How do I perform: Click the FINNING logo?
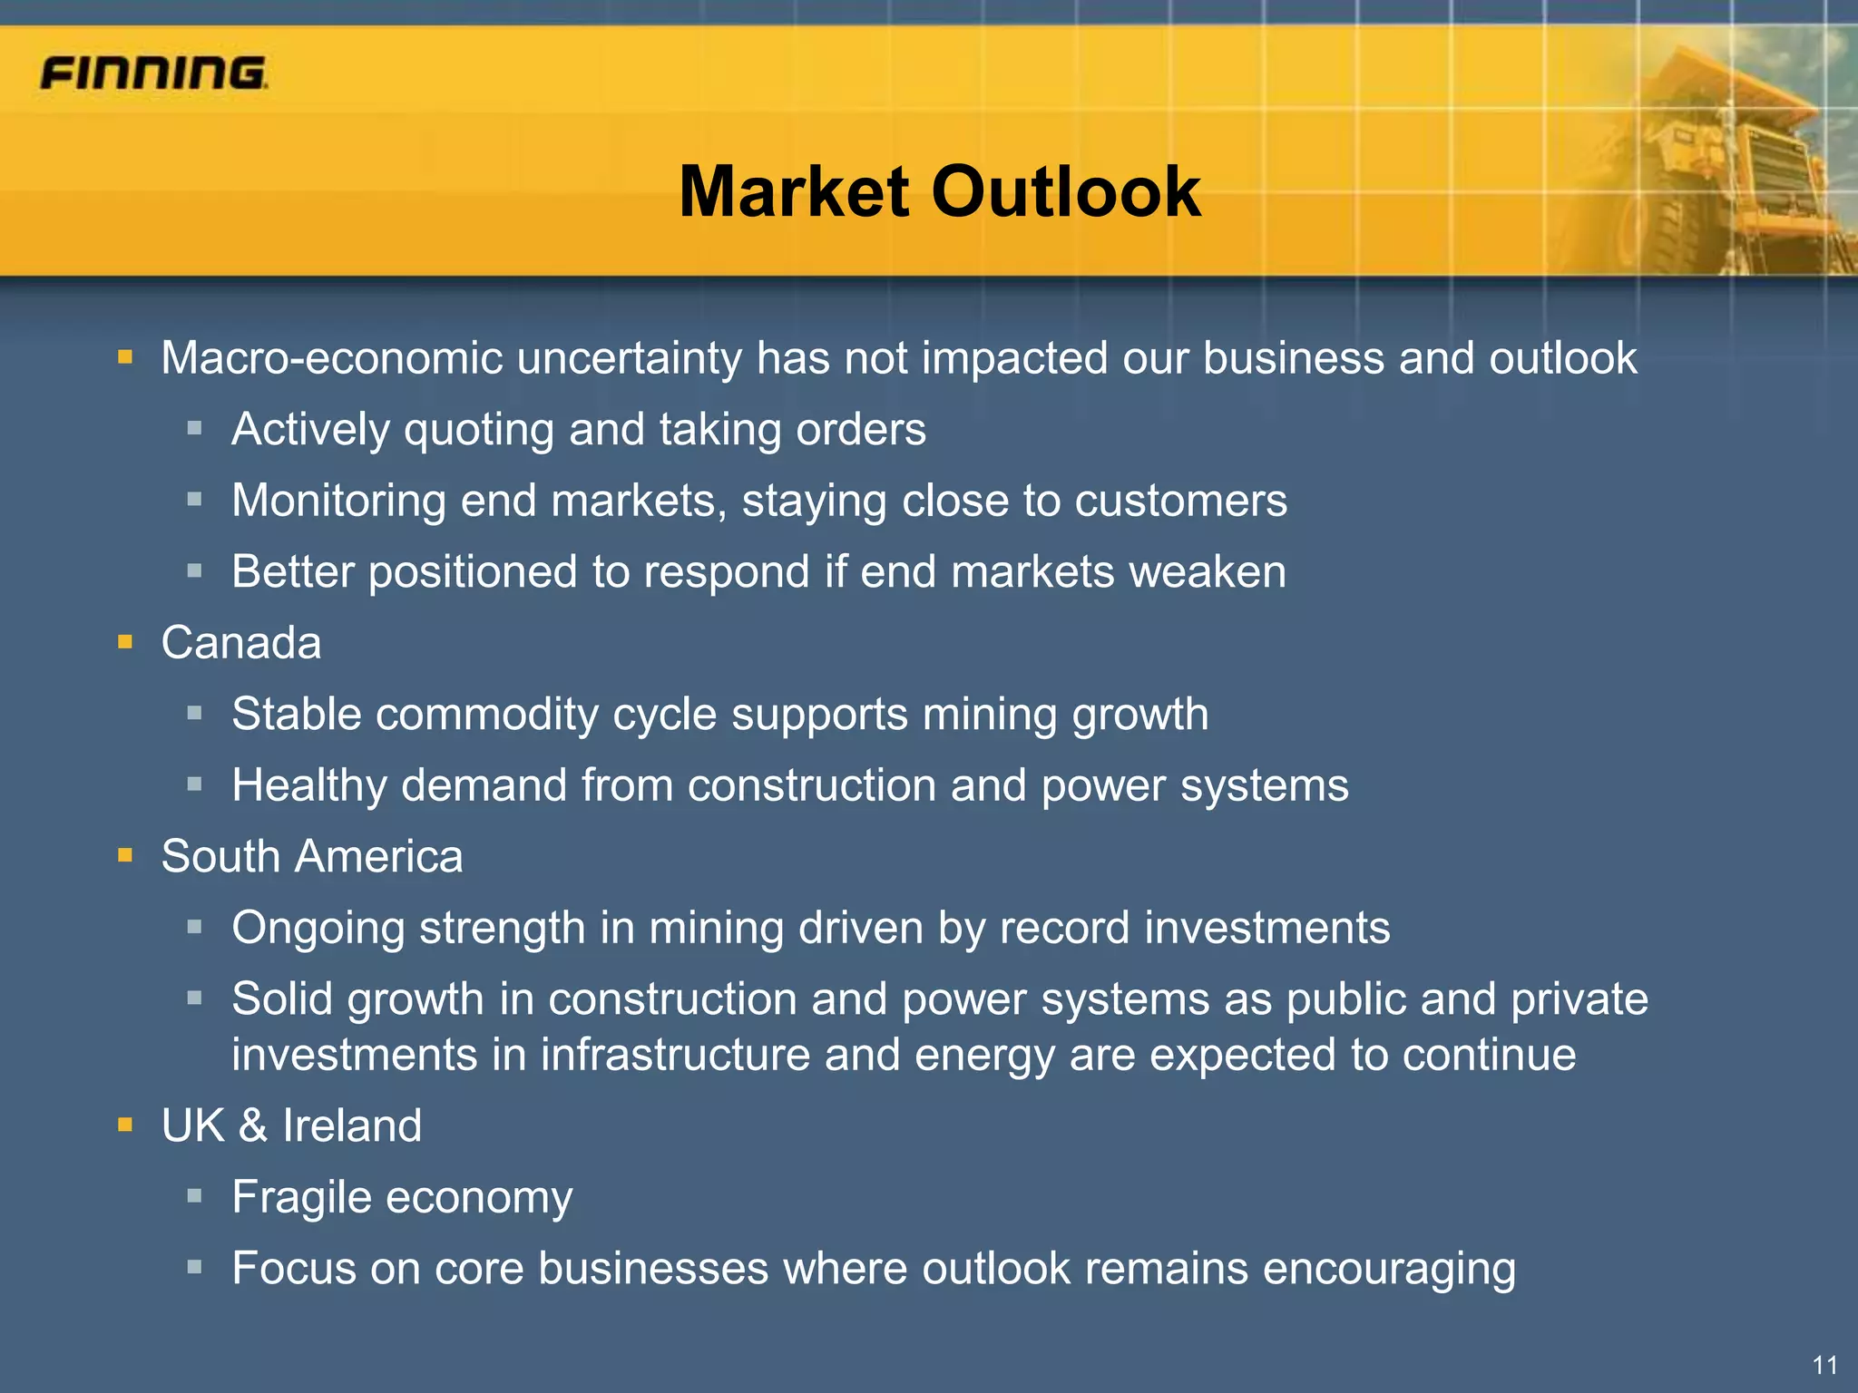pos(153,73)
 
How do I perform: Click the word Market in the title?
pos(794,192)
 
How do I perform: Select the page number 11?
pos(1824,1365)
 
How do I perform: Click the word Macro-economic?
pos(331,358)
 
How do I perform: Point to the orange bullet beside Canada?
pos(125,643)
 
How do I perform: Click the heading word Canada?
pos(241,643)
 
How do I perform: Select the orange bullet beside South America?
pos(125,856)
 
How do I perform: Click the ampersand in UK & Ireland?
pos(253,1125)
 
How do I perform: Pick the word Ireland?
pos(352,1125)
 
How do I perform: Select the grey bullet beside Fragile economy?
pos(194,1196)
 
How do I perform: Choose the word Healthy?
pos(308,785)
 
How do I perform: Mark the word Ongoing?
pos(318,929)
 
